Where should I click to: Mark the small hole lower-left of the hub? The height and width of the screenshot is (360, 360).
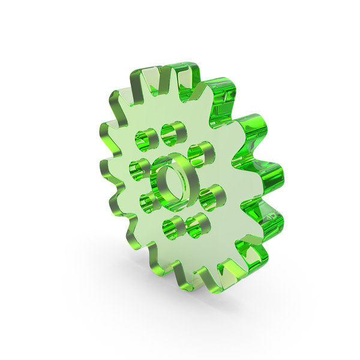pos(146,201)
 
